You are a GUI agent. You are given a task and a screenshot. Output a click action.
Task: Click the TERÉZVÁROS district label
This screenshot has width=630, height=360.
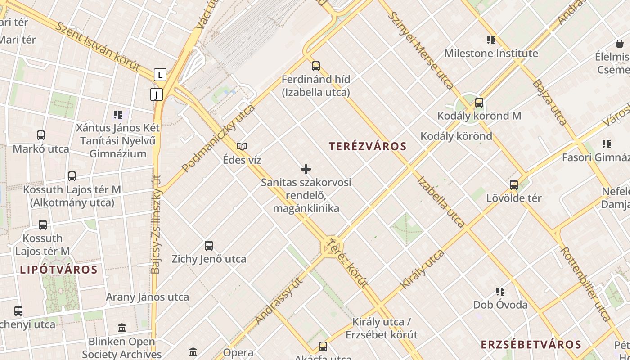tap(368, 146)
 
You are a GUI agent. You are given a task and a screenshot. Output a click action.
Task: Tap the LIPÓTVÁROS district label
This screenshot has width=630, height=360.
tap(58, 270)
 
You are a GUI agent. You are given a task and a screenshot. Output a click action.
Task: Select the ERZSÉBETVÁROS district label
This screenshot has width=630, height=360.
tap(531, 345)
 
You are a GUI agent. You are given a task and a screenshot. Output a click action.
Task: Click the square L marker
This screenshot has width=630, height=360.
tap(160, 75)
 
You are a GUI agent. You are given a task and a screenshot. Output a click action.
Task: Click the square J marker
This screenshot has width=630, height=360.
tap(156, 94)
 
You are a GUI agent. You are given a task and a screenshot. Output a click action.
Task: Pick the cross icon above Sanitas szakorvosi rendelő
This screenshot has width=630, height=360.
tap(306, 169)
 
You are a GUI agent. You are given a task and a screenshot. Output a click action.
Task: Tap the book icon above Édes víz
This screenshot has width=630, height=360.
tap(242, 146)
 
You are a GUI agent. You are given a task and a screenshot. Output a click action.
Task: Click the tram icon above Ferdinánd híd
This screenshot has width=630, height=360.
tap(316, 66)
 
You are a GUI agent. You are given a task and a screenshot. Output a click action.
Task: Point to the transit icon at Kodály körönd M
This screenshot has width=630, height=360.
tap(479, 103)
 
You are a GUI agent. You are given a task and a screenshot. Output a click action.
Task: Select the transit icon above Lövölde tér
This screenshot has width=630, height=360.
tap(514, 184)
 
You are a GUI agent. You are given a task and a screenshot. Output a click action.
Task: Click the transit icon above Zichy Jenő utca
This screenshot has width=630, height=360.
tap(209, 246)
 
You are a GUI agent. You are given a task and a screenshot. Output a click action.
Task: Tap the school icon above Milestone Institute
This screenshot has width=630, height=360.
tap(491, 40)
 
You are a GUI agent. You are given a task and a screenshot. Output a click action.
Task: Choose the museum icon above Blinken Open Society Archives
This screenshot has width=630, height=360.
tap(121, 328)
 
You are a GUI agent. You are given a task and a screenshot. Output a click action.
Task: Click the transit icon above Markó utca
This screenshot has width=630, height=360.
tap(41, 135)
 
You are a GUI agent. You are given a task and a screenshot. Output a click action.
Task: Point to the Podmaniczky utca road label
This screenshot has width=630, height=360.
tap(218, 138)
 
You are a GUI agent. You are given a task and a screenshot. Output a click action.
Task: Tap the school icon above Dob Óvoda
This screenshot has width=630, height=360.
tap(500, 292)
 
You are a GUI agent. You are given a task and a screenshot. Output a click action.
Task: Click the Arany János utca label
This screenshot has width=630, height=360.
tap(147, 297)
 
